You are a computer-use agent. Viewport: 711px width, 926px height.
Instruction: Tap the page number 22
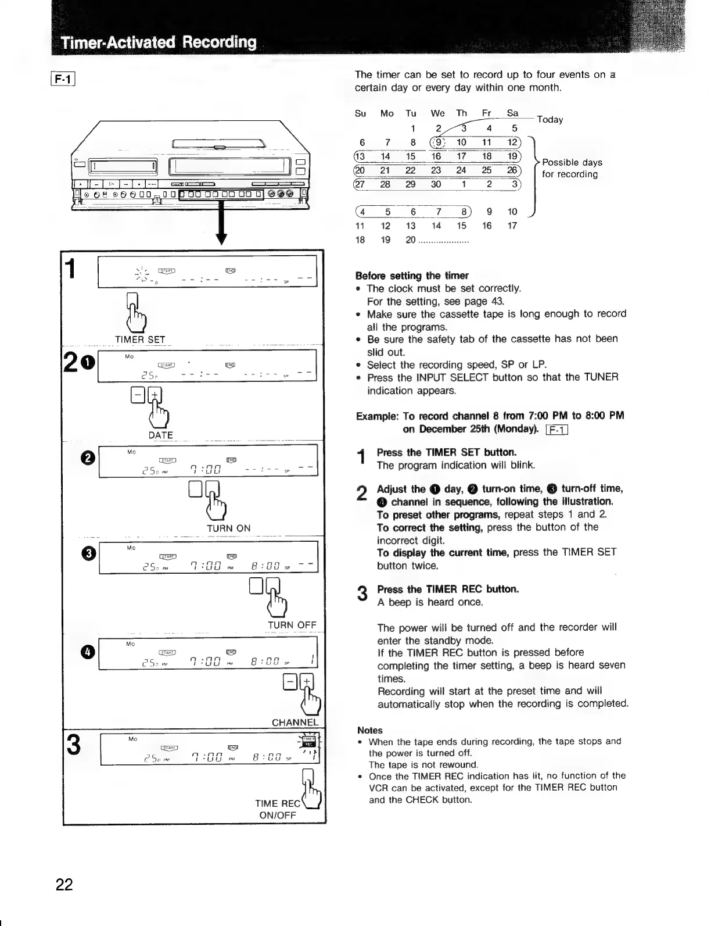(x=64, y=884)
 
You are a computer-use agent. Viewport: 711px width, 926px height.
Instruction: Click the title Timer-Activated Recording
(x=160, y=42)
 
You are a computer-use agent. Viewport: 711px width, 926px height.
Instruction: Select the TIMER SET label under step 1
(x=140, y=339)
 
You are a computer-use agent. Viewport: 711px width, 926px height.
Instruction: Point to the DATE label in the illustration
(x=160, y=435)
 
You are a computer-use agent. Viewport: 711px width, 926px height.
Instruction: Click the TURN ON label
(x=228, y=528)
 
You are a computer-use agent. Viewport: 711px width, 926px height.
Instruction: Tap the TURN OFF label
(x=292, y=625)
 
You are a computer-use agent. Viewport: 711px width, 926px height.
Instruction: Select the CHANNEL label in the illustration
(x=295, y=723)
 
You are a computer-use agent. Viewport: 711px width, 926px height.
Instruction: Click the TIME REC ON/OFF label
(x=278, y=809)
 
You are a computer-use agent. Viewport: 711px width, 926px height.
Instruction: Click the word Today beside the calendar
(x=550, y=119)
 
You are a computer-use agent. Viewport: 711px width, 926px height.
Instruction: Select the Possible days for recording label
(x=572, y=168)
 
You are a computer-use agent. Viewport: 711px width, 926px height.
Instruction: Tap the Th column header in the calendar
(x=461, y=113)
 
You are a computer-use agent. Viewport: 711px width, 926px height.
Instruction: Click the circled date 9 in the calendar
(x=437, y=142)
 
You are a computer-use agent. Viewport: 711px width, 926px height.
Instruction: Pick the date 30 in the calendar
(x=436, y=184)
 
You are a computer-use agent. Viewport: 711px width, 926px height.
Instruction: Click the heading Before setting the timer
(x=411, y=275)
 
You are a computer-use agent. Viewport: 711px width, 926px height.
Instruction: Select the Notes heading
(x=370, y=730)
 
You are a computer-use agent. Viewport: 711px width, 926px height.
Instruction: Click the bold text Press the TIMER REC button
(x=448, y=589)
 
